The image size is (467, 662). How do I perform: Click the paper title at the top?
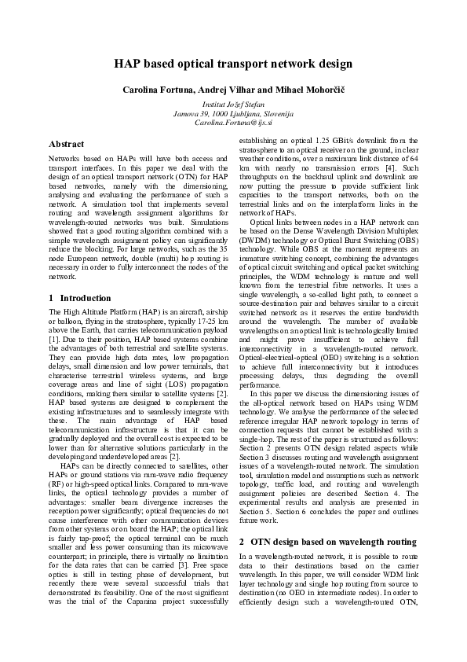[233, 64]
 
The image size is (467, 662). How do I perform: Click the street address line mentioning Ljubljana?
[233, 113]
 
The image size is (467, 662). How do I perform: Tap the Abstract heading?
[67, 145]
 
